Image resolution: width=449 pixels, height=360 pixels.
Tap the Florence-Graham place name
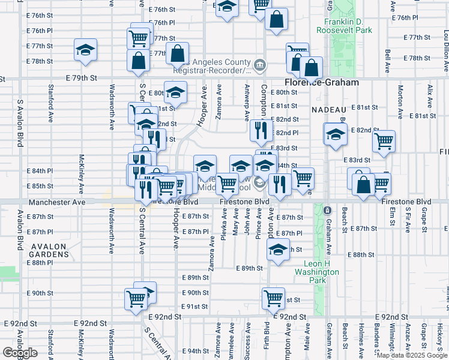tap(321, 82)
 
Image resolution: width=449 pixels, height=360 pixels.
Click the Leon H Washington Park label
tap(322, 268)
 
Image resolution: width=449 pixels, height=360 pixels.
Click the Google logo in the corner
tap(20, 353)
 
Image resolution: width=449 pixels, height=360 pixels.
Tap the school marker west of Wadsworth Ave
tap(86, 49)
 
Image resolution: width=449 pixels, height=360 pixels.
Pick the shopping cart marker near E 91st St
tap(273, 296)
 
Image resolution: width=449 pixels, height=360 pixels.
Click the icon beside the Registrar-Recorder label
tap(259, 64)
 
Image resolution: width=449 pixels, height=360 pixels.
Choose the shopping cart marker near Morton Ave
tap(384, 142)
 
